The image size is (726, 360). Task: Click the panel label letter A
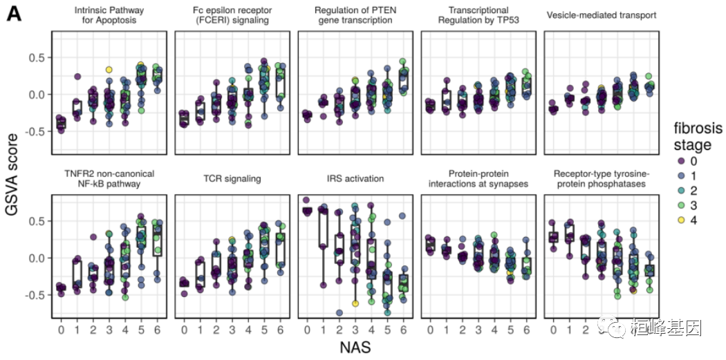(15, 14)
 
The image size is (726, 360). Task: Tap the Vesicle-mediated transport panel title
(601, 15)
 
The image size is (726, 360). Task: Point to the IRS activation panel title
(355, 178)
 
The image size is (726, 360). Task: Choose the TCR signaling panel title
(232, 178)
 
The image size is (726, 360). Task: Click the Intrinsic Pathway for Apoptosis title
(109, 15)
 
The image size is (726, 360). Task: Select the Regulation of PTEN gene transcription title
(355, 15)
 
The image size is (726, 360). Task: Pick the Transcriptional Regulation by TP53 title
(478, 15)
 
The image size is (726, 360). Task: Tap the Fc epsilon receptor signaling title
(232, 15)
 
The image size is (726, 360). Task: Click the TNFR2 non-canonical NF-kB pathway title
(109, 178)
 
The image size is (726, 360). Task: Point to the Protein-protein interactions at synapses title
(478, 178)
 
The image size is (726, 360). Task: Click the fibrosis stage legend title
(698, 136)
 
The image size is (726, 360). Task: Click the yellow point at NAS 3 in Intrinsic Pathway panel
(109, 70)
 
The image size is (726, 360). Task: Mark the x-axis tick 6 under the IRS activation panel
(403, 330)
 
